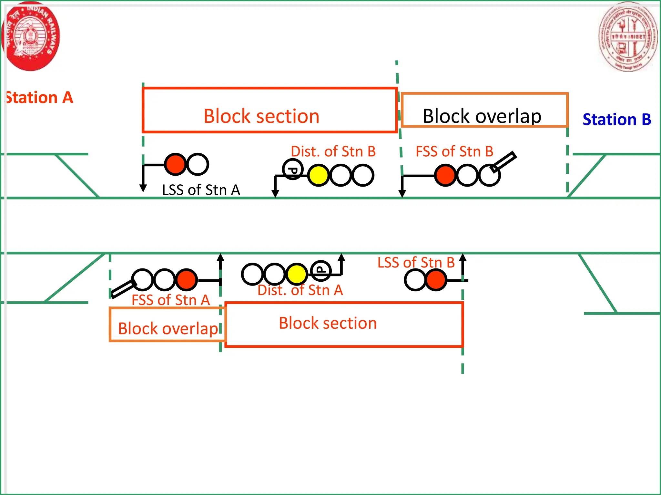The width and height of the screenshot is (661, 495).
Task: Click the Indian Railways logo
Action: point(31,36)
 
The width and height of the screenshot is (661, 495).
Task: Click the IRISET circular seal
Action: point(627,36)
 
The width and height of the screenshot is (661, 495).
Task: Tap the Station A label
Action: point(39,98)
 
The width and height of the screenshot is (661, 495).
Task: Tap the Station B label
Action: point(616,120)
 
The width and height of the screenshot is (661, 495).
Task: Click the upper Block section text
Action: point(261,116)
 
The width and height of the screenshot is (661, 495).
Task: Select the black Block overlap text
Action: point(482,116)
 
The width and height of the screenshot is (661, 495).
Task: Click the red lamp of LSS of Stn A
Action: point(175,164)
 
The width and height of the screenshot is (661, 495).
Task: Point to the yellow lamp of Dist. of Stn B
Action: point(318,175)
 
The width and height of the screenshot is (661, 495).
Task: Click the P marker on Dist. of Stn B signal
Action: point(292,170)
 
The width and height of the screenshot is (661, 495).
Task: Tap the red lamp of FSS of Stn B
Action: point(445,175)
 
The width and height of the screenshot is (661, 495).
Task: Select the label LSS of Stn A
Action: point(201,190)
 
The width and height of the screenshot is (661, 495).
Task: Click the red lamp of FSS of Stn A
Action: point(187,279)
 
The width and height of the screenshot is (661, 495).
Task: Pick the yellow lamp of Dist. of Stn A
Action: point(296,274)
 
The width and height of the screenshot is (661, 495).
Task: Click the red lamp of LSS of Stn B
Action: point(436,280)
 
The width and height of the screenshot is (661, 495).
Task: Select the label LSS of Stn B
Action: point(416,263)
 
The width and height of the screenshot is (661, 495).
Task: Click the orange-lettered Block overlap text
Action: point(168,329)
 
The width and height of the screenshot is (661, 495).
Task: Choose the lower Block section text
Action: point(328,323)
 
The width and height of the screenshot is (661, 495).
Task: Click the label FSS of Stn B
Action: point(454,151)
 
